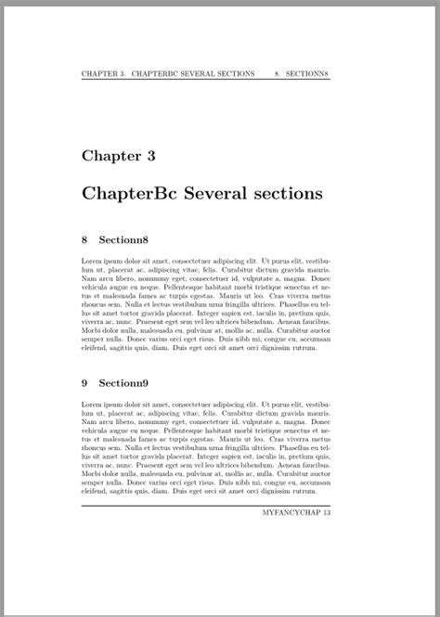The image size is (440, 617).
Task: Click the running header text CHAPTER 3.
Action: click(103, 73)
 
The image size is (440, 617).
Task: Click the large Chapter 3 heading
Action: click(118, 156)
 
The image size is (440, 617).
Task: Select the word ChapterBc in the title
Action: click(128, 194)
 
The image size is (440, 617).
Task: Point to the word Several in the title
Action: click(221, 194)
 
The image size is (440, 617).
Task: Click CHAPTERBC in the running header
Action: click(158, 73)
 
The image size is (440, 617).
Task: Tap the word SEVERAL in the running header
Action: click(205, 73)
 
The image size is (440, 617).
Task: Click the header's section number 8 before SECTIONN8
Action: click(278, 73)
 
